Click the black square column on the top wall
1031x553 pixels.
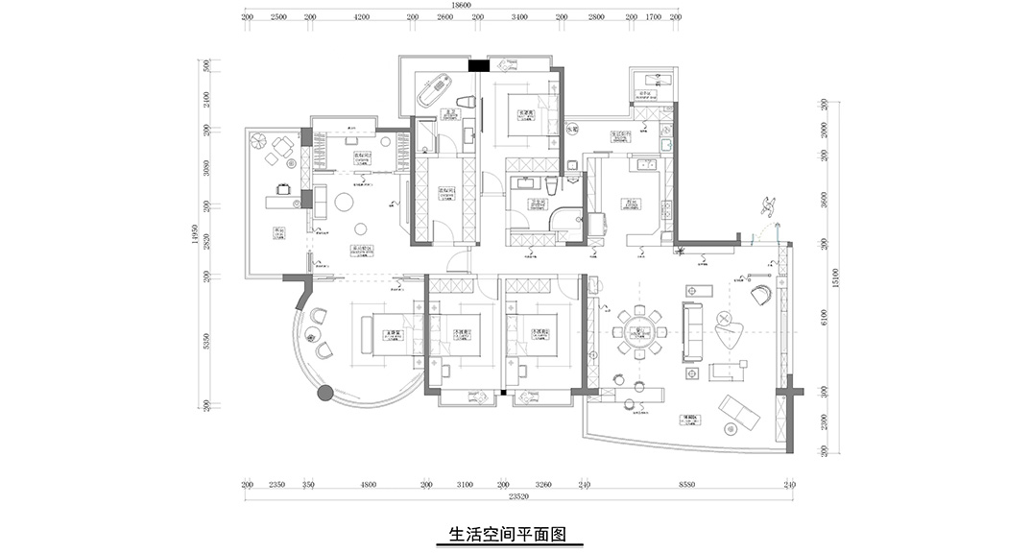coord(474,65)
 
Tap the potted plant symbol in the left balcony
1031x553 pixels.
coord(258,140)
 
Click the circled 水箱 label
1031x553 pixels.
coord(572,129)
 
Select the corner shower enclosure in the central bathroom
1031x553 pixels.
coord(569,220)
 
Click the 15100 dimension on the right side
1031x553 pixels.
coord(836,278)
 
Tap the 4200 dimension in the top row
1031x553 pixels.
coord(361,17)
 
